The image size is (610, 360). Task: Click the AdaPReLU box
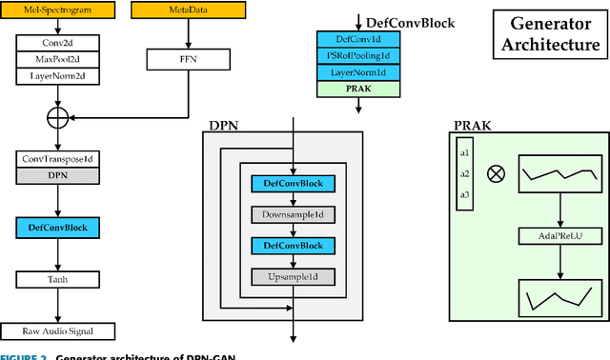(559, 234)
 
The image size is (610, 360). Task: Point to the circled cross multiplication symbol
(496, 174)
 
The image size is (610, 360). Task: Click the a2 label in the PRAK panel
(465, 174)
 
